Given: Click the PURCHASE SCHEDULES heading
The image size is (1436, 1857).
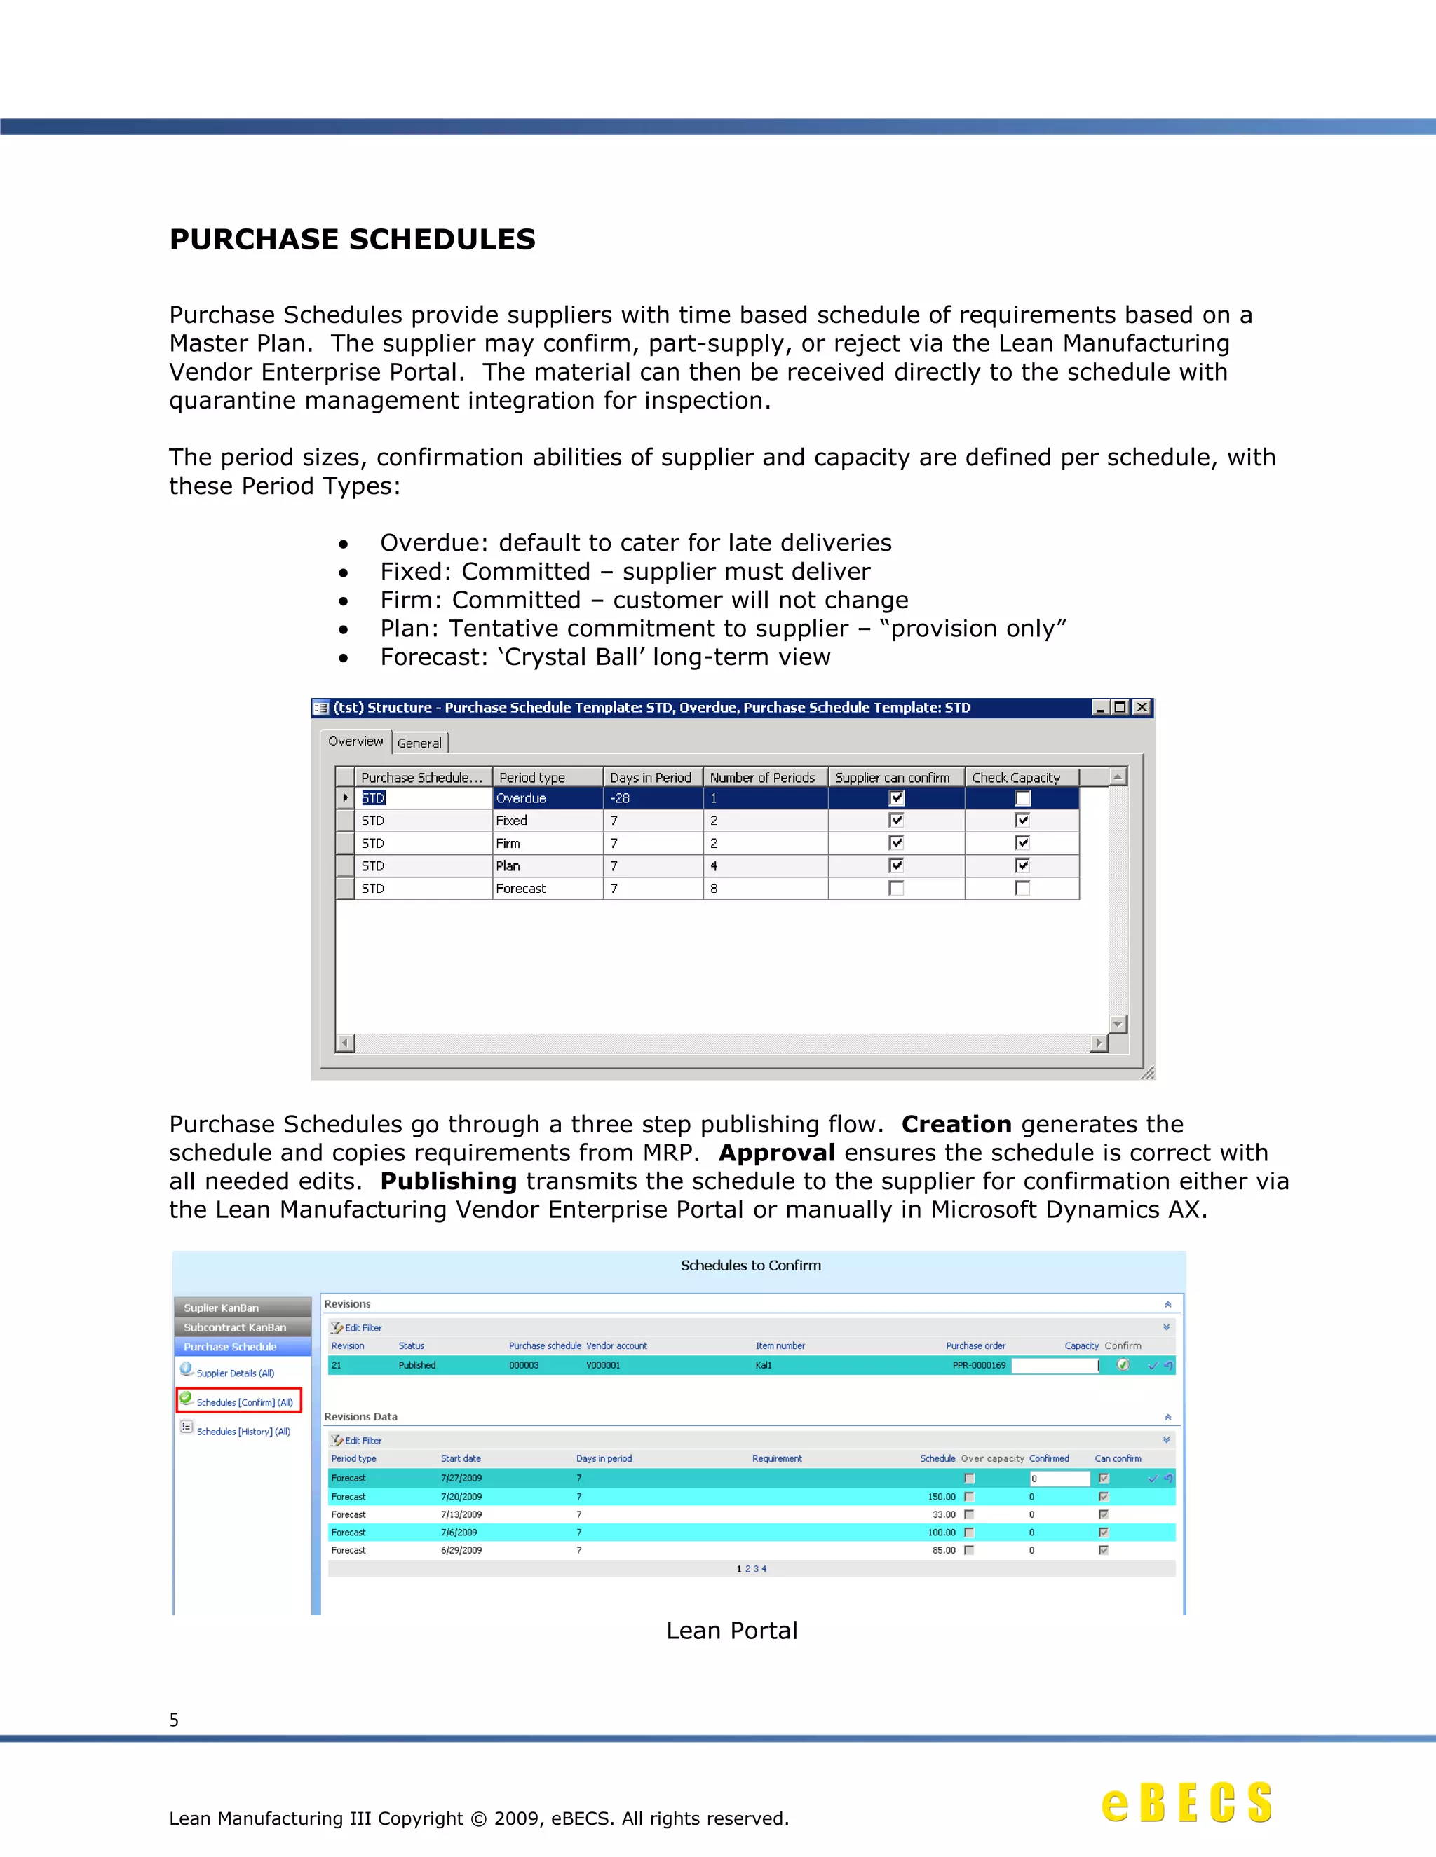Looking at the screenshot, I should click(x=352, y=240).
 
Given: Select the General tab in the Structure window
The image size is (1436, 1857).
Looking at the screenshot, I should click(x=419, y=743).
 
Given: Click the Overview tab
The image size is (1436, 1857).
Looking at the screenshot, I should click(x=355, y=741).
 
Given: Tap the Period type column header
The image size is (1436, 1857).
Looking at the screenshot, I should click(x=533, y=777).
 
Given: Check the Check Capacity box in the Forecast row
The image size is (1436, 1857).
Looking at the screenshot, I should click(x=1022, y=889).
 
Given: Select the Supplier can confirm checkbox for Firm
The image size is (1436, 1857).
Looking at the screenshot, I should click(x=896, y=842).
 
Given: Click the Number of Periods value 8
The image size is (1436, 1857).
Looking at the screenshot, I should click(x=714, y=889).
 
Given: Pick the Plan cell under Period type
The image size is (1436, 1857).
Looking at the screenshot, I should click(x=508, y=865).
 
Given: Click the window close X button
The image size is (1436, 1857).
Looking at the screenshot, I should click(x=1142, y=708).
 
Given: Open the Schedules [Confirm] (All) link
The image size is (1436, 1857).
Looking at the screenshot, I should click(x=244, y=1402).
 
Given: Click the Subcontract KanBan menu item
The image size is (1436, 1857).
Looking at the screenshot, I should click(x=235, y=1327).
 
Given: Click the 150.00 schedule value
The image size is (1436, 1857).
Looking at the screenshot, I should click(x=941, y=1497).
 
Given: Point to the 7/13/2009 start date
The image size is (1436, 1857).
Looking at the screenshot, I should click(x=461, y=1514).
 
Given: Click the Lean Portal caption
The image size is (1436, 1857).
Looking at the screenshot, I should click(x=731, y=1631).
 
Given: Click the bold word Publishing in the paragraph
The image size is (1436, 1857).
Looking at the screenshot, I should click(x=448, y=1181).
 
